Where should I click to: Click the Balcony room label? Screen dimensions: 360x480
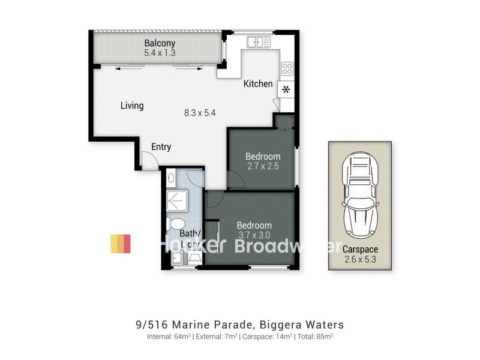(159, 43)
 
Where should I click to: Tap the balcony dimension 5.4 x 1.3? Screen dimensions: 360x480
(159, 53)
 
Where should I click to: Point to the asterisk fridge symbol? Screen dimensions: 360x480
(286, 90)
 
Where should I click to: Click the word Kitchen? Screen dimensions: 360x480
(258, 84)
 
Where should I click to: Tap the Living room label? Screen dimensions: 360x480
(132, 106)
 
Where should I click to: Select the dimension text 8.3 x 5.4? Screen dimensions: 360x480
(200, 112)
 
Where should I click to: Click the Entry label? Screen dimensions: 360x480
(161, 146)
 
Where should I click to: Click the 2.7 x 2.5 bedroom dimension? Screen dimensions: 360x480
(263, 166)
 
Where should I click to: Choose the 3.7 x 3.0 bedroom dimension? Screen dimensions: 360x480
(254, 235)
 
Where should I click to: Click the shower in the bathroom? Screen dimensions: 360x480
(180, 201)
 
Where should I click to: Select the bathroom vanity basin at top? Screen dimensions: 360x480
(172, 178)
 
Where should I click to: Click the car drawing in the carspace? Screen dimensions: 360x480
(359, 194)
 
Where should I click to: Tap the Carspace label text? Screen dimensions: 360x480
(360, 248)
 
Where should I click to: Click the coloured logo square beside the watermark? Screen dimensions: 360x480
(120, 244)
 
